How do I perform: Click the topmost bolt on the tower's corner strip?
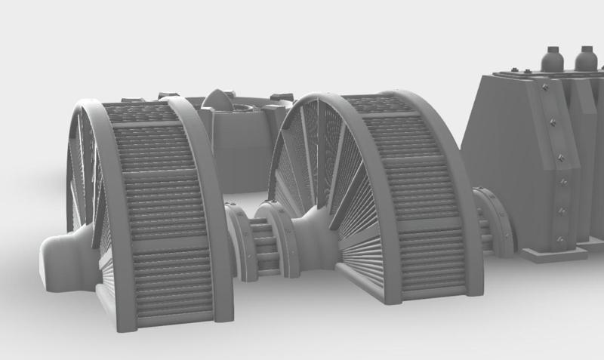(x=544, y=88)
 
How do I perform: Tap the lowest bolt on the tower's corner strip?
(x=559, y=239)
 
